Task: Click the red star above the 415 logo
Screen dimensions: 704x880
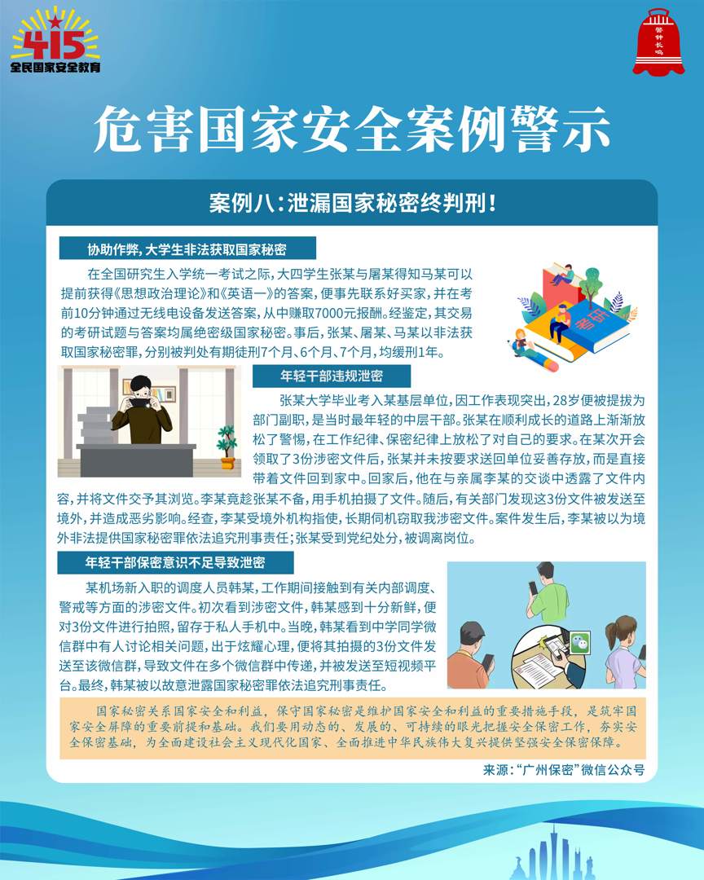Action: pos(55,21)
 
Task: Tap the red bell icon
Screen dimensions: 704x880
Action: pos(658,42)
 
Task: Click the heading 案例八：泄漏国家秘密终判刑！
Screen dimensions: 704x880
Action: pos(352,203)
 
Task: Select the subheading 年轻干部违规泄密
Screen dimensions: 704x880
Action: pos(332,376)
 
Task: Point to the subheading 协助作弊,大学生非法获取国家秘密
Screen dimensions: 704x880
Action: pos(187,249)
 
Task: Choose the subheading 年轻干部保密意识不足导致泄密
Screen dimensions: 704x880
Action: pos(175,562)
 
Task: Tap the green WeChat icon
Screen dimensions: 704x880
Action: pos(579,641)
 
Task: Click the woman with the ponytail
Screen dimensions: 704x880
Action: pos(626,651)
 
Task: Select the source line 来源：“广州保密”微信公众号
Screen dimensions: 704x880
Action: pos(564,769)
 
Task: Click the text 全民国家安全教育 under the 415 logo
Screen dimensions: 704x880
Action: pos(55,68)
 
